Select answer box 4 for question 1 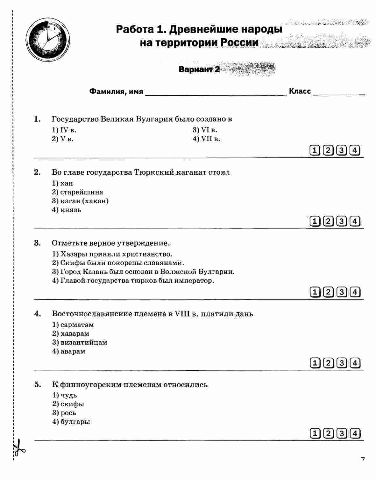(355, 150)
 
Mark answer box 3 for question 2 (342, 221)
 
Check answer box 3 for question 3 (342, 292)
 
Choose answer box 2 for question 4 (328, 363)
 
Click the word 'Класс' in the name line (300, 91)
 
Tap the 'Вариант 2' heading (199, 69)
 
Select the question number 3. (37, 243)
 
